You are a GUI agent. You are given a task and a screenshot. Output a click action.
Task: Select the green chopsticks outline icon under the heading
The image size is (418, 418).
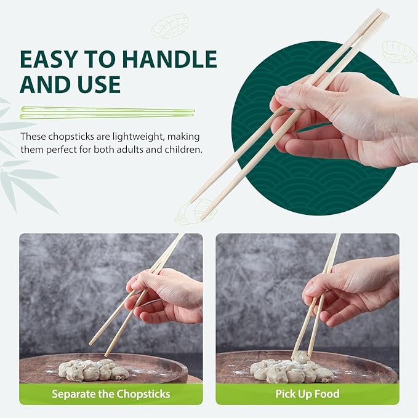107,113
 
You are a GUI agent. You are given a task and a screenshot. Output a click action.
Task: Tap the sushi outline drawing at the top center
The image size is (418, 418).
170,26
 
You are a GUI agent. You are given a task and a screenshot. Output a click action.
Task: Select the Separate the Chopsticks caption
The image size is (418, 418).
110,393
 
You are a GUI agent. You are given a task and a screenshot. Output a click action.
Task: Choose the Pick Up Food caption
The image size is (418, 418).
307,393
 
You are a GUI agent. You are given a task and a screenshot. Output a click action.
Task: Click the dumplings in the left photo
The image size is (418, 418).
92,369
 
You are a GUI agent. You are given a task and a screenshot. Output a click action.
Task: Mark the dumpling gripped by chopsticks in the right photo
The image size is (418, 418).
300,357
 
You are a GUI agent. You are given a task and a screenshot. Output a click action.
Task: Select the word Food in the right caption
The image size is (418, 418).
326,393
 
